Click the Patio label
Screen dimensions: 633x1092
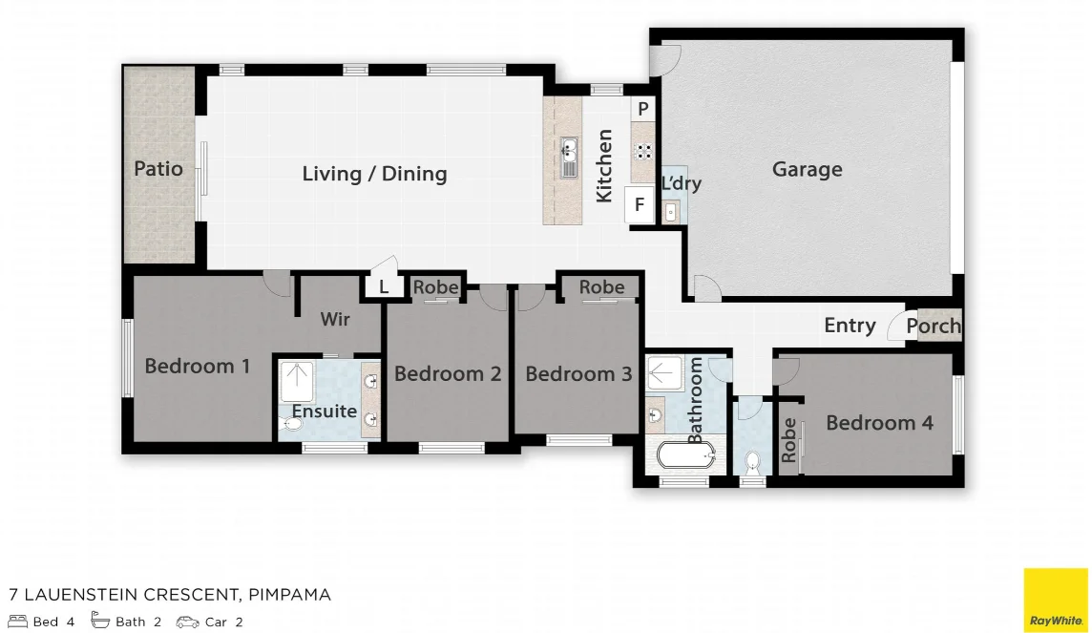tap(158, 169)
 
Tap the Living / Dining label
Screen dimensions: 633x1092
tap(374, 174)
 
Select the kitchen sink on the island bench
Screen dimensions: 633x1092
tap(569, 158)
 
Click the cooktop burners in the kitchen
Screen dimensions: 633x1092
tap(644, 150)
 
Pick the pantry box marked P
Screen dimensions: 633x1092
tap(643, 110)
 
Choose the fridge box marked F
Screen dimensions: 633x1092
tap(640, 205)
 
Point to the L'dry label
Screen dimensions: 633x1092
tap(681, 183)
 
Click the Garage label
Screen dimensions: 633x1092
tap(807, 170)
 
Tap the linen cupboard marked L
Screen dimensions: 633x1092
tap(384, 286)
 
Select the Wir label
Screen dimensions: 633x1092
tap(335, 319)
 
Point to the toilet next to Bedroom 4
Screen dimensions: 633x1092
tap(752, 462)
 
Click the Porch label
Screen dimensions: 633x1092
tap(933, 326)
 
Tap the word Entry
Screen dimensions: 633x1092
tap(850, 326)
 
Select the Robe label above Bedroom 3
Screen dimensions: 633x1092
tap(601, 286)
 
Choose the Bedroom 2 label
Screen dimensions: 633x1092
tap(448, 374)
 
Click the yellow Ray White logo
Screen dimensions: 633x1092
tap(1056, 601)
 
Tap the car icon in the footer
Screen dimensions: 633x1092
tap(187, 622)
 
